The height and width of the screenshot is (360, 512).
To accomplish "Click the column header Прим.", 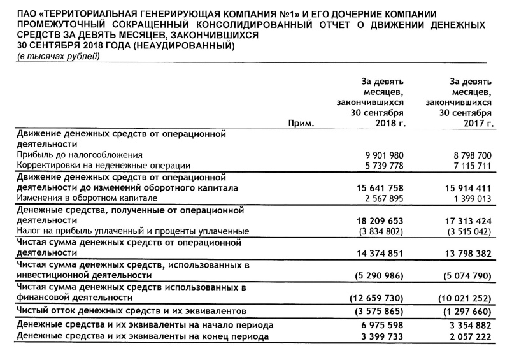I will pyautogui.click(x=301, y=123).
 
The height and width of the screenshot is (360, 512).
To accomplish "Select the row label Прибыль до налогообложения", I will pyautogui.click(x=80, y=155).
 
